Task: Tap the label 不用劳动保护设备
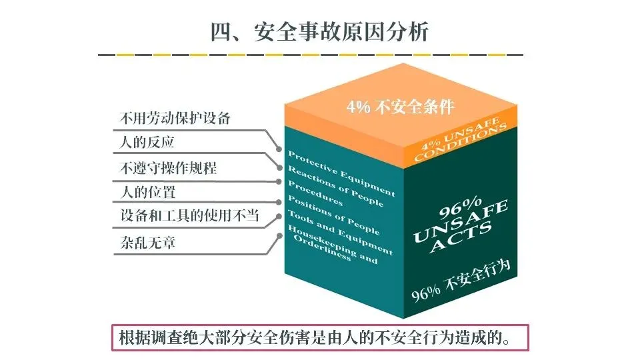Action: point(175,119)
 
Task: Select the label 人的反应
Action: point(147,143)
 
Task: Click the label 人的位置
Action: point(147,193)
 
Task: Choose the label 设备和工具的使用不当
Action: point(189,216)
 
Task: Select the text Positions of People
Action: point(333,215)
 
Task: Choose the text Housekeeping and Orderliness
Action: point(331,245)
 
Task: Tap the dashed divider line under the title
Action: point(311,55)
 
